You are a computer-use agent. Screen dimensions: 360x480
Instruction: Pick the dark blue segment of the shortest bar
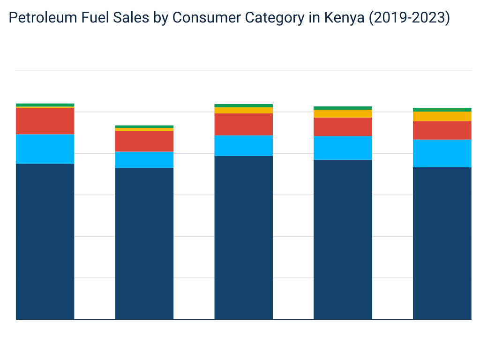coord(144,243)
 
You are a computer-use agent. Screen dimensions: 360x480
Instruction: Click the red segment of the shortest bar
coord(144,141)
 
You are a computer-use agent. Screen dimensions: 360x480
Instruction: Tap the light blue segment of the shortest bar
coord(144,160)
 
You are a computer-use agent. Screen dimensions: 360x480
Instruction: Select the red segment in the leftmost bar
coord(45,121)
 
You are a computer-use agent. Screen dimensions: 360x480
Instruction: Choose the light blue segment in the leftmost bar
coord(45,149)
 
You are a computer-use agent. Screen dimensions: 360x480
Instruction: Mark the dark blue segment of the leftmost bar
coord(45,241)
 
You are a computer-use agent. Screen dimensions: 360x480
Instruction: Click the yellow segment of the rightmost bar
coord(442,116)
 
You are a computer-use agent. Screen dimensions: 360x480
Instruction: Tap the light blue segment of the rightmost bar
coord(442,153)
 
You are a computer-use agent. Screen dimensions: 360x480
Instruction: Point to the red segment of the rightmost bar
coord(442,130)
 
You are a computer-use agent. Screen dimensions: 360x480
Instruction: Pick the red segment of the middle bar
coord(244,124)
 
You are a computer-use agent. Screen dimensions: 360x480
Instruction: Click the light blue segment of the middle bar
coord(244,146)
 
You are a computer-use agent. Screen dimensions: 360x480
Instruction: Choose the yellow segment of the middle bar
coord(244,110)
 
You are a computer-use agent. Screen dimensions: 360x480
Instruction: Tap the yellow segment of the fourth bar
coord(343,113)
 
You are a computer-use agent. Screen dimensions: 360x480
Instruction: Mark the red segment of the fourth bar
coord(343,127)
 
